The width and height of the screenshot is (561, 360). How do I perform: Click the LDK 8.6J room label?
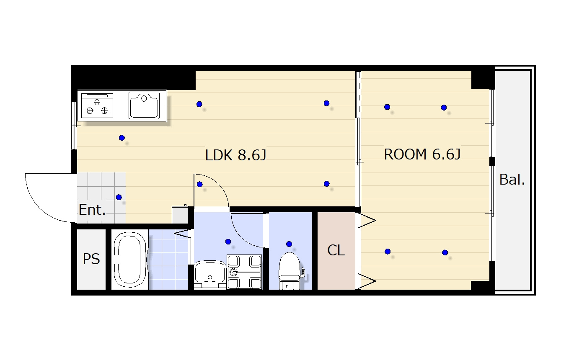(235, 155)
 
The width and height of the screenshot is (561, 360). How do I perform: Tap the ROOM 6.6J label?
(422, 154)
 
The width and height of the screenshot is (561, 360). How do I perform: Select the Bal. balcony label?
(512, 180)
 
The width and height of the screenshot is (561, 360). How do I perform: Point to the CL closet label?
(336, 250)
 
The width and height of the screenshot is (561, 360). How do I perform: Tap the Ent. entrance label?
(92, 209)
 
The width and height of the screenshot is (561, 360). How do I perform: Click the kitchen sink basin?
(144, 105)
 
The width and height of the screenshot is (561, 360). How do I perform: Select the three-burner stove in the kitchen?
(97, 105)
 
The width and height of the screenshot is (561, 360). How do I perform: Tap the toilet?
(290, 270)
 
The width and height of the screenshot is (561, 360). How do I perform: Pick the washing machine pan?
(244, 272)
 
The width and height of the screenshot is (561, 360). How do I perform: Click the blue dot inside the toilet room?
(289, 244)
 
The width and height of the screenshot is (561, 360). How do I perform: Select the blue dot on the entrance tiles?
(119, 197)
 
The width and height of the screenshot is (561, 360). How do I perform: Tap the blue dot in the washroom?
(228, 242)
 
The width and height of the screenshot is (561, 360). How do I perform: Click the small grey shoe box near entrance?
(180, 214)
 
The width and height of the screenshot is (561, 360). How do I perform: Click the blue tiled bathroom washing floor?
(168, 260)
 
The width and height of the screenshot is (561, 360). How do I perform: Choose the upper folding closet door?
(366, 221)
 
